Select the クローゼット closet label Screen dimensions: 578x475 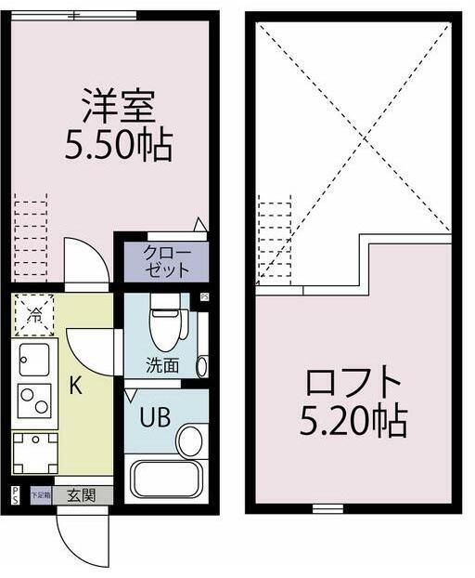point(166,261)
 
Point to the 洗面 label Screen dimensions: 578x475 point(162,365)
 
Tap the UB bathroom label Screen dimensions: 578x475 point(154,417)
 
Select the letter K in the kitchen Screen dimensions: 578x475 point(76,386)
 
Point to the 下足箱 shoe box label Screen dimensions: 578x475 point(41,495)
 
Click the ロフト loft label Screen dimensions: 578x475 point(353,383)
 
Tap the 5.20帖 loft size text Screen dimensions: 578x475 point(353,423)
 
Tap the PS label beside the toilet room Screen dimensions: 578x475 point(205,297)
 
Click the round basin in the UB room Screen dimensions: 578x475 point(190,440)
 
